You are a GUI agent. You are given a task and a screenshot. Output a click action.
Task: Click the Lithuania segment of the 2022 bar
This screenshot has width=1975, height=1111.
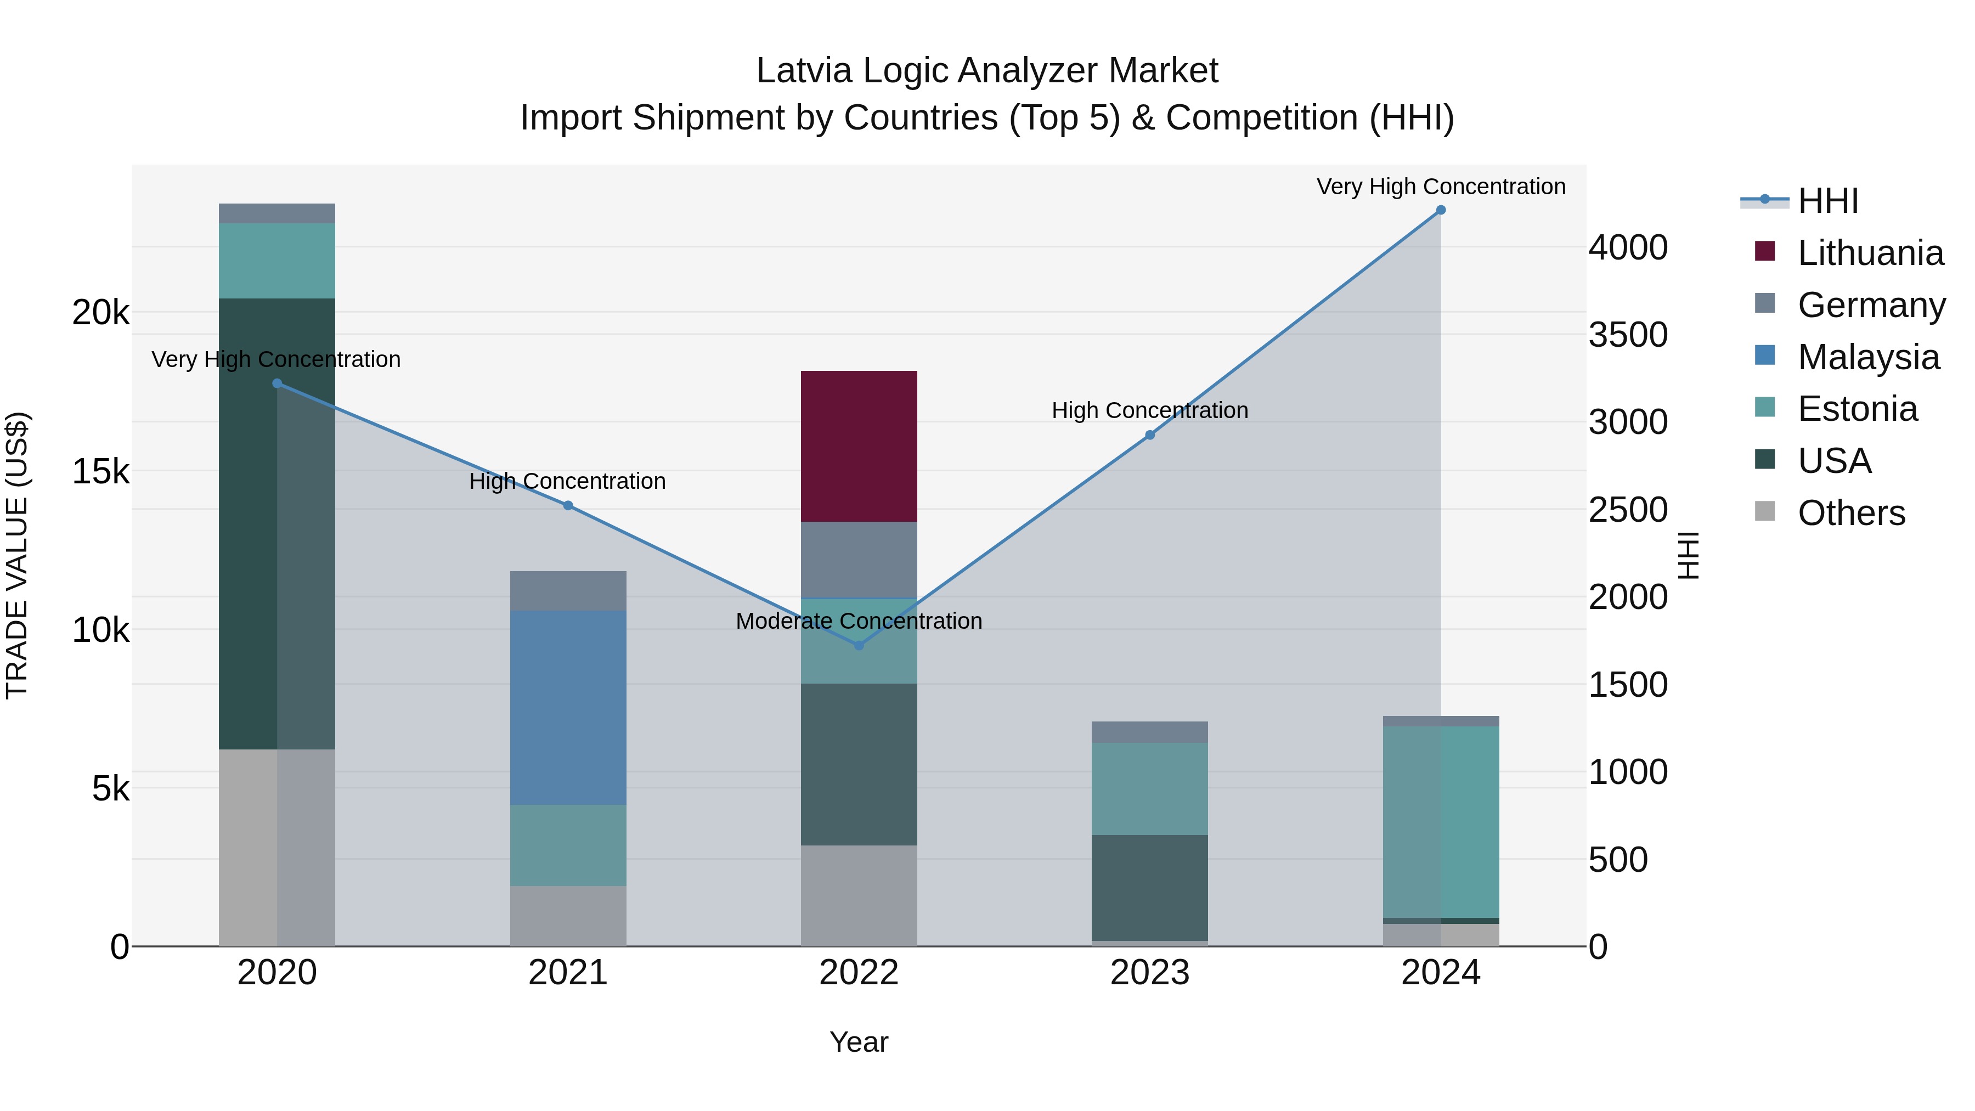[859, 446]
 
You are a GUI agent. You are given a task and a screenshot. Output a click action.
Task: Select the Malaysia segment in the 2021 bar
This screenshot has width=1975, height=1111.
[568, 707]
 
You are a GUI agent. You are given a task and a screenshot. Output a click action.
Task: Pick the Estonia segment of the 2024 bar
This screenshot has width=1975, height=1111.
[1441, 821]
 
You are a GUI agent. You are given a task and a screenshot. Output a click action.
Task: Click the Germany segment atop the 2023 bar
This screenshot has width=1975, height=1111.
[1149, 732]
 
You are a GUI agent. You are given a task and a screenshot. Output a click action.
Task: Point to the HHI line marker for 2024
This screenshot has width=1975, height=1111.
[1441, 210]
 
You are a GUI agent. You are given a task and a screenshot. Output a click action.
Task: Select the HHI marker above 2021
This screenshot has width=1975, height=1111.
[568, 505]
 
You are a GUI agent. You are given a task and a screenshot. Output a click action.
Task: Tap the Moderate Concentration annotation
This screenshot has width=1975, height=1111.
[859, 621]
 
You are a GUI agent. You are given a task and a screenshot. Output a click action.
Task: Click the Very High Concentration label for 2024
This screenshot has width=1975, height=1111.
[1441, 187]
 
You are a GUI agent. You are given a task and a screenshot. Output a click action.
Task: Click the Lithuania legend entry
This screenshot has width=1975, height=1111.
[1870, 253]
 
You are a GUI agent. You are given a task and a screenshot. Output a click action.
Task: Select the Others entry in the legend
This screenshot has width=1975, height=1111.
[1851, 513]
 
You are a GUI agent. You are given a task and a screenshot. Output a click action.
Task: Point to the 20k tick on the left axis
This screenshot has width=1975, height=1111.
[100, 313]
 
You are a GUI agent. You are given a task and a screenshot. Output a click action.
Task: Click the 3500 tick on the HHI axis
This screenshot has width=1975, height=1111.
[1628, 335]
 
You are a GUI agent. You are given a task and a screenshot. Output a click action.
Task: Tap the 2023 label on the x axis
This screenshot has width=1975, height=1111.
[1149, 973]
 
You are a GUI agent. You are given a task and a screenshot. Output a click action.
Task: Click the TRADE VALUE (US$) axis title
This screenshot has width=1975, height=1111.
[17, 555]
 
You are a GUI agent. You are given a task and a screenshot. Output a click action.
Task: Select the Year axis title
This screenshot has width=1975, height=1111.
[859, 1042]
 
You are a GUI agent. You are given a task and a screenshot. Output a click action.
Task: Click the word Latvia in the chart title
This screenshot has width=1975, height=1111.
[804, 71]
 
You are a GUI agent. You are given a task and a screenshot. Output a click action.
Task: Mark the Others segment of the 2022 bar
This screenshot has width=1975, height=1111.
[859, 895]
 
